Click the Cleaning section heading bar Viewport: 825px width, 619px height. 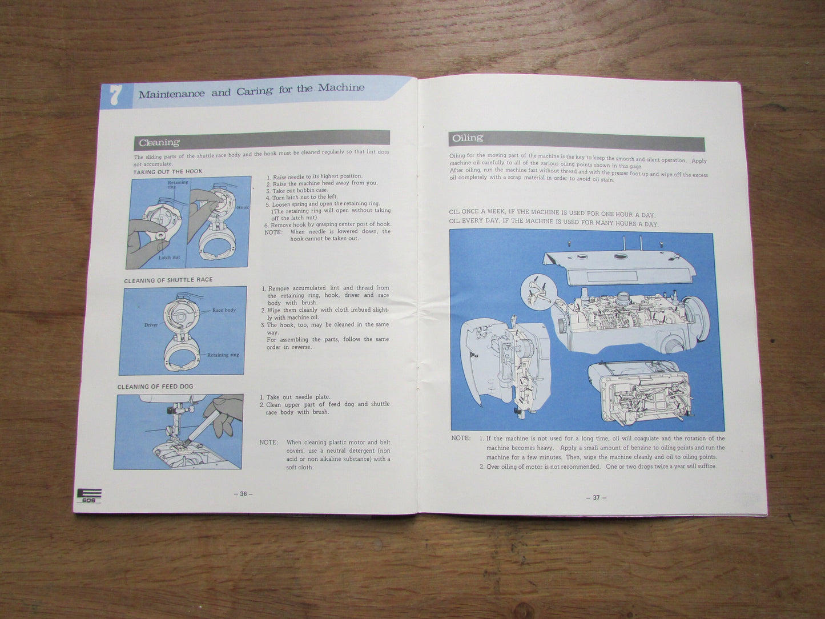(261, 140)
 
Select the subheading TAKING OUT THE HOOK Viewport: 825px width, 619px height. (167, 171)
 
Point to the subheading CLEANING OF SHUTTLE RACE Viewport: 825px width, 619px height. (168, 280)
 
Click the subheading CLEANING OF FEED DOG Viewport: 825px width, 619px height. (155, 387)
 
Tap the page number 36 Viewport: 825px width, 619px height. (243, 494)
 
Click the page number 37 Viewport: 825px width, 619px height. (596, 497)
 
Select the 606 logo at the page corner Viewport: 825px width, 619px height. (88, 496)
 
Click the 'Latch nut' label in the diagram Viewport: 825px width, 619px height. (169, 258)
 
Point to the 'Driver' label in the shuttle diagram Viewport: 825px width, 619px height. (151, 325)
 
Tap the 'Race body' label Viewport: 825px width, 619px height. (224, 310)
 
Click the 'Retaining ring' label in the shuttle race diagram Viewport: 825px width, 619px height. (223, 355)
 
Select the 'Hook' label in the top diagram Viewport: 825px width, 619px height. (243, 208)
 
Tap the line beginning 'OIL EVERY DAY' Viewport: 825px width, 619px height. (553, 223)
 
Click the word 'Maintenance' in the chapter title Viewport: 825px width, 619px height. (171, 93)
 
